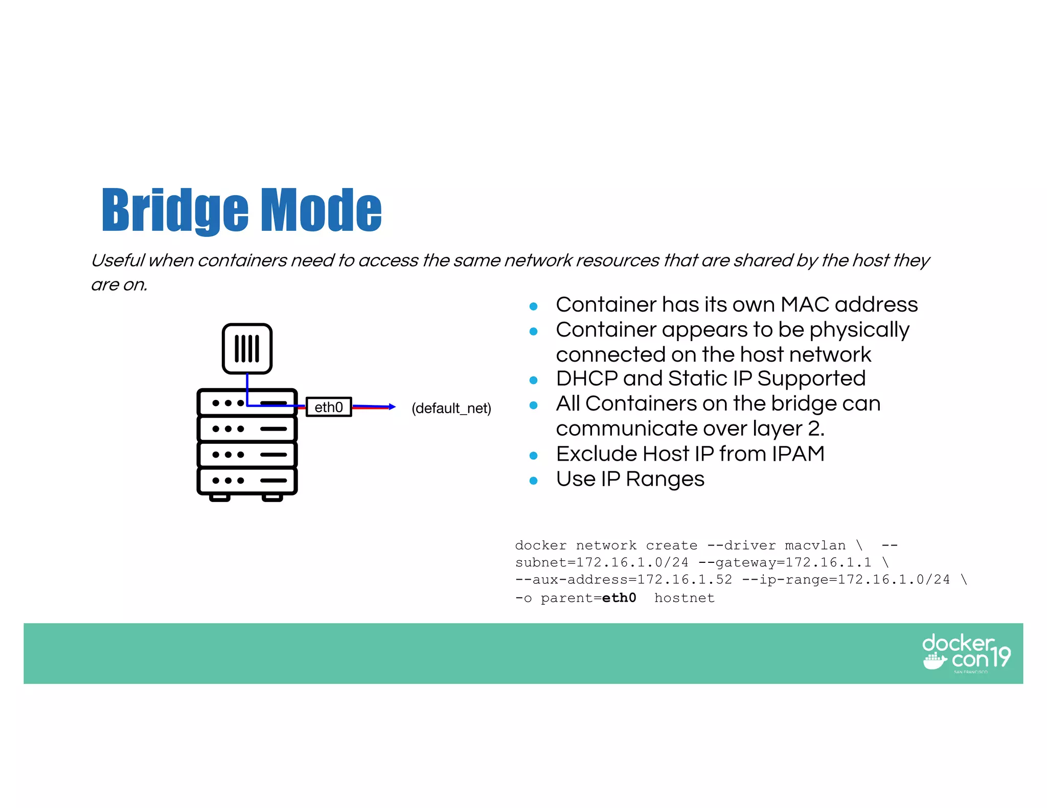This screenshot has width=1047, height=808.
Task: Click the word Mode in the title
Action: tap(322, 210)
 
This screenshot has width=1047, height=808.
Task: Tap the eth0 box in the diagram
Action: tap(329, 407)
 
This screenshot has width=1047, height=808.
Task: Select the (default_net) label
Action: tap(451, 408)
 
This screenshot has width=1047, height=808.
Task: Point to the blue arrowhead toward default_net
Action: tap(392, 407)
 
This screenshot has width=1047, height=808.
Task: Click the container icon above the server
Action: tap(247, 349)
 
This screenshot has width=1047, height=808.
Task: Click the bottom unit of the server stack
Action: tap(247, 481)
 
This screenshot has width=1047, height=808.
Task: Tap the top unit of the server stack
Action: tap(247, 402)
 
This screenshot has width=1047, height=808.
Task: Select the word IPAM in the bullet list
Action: tap(798, 454)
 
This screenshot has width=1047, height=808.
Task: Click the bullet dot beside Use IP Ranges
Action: tap(534, 481)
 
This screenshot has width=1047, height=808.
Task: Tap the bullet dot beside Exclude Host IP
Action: tap(534, 456)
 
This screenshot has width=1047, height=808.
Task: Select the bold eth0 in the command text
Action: tap(619, 598)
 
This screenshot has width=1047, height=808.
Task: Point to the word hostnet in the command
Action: tap(684, 598)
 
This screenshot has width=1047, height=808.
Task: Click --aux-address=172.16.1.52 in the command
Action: tap(624, 580)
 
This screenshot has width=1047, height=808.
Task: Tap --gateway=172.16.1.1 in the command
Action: tap(785, 562)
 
